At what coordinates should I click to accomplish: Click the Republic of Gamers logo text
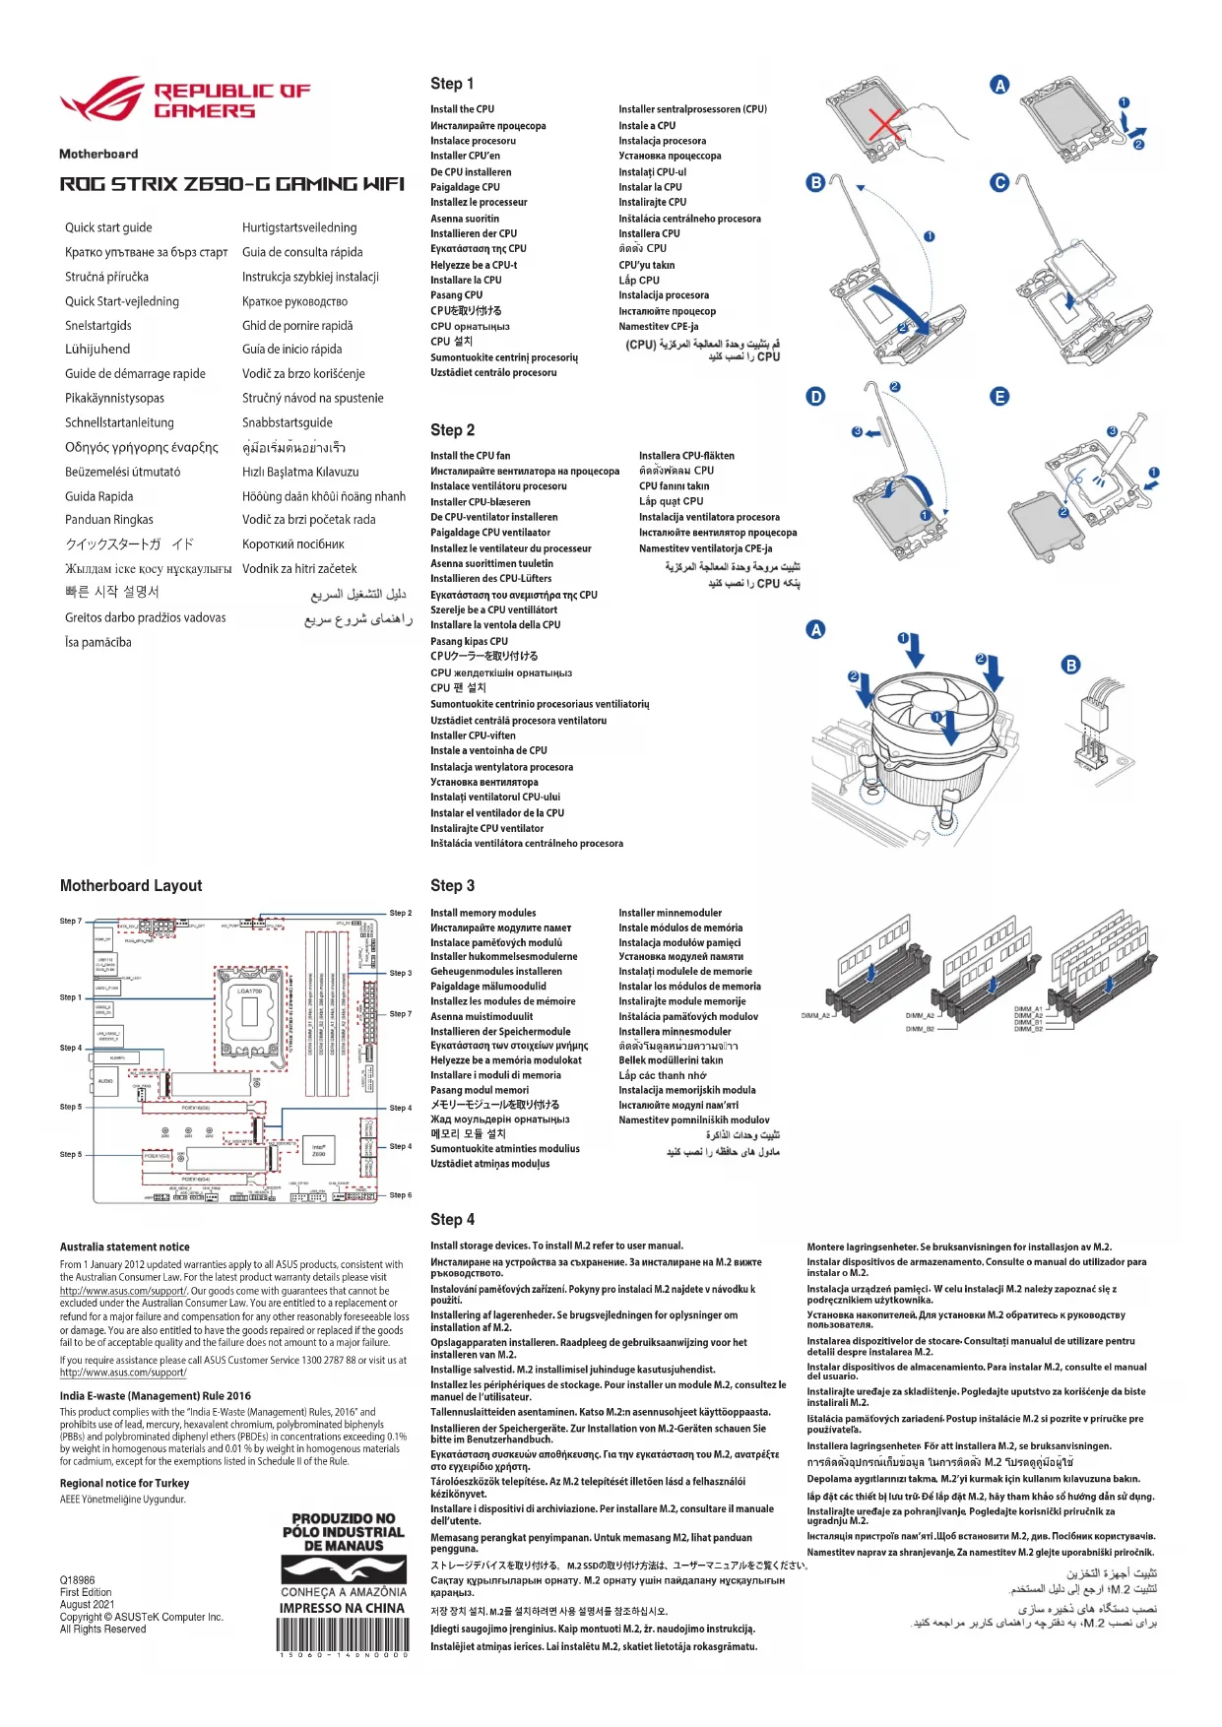click(231, 100)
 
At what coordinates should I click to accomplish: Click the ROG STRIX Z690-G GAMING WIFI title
click(231, 184)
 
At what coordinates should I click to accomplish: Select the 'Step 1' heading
click(452, 84)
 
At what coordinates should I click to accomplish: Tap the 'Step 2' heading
click(452, 430)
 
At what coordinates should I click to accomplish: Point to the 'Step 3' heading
click(452, 885)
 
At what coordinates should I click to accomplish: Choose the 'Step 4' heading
click(452, 1219)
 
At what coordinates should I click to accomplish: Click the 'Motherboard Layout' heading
click(131, 885)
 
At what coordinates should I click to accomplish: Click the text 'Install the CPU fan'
click(470, 456)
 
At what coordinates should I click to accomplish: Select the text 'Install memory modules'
click(482, 913)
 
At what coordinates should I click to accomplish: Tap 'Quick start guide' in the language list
click(108, 227)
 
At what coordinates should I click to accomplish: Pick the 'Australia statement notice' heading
click(124, 1247)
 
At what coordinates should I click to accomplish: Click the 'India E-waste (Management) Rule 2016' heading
click(155, 1395)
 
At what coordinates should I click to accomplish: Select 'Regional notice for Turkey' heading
click(124, 1483)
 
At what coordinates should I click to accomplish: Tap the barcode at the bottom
click(343, 1635)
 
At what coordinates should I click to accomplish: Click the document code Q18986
click(78, 1580)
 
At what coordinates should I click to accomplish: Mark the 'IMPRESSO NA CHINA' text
click(342, 1608)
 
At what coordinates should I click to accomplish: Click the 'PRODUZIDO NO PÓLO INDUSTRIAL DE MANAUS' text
click(343, 1532)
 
